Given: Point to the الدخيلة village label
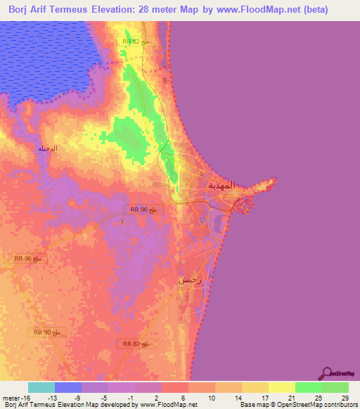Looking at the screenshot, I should click(x=46, y=148).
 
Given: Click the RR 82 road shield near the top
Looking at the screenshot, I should click(x=136, y=42).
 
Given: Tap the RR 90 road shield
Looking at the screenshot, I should click(x=47, y=331).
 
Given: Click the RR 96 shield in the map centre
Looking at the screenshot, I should click(x=145, y=209).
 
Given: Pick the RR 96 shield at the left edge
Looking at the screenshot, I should click(x=27, y=259).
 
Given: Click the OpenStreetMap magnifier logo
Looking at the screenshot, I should click(x=327, y=373).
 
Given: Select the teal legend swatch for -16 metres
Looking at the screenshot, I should click(x=41, y=387).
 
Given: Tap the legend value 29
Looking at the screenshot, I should click(x=344, y=397).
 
